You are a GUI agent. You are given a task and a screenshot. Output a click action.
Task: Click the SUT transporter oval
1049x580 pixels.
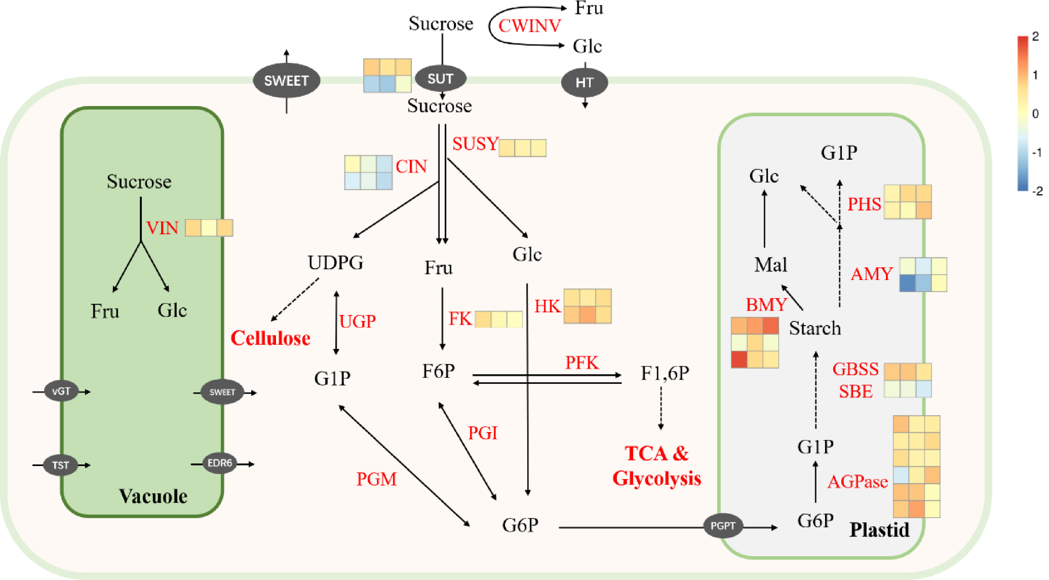[441, 78]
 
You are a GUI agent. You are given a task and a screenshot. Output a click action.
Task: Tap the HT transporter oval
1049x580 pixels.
[584, 83]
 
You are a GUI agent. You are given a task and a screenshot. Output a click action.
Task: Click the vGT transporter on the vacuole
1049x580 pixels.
[61, 391]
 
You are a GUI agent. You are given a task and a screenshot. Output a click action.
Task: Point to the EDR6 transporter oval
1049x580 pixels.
[220, 463]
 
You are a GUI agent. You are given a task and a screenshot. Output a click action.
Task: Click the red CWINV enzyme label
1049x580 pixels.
[529, 26]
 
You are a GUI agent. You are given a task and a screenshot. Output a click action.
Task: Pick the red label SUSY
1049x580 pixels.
[475, 144]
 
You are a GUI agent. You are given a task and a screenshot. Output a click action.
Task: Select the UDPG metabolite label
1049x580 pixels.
[335, 263]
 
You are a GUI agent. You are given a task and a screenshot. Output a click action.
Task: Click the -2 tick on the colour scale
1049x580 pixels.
[1037, 191]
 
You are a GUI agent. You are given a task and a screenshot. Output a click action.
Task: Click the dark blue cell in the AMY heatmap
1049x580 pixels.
[907, 283]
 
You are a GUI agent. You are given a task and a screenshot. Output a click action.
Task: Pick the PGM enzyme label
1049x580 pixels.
[376, 479]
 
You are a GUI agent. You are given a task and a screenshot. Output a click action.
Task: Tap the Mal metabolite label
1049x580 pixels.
[770, 265]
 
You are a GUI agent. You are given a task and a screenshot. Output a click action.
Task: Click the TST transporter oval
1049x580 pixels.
[61, 465]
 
